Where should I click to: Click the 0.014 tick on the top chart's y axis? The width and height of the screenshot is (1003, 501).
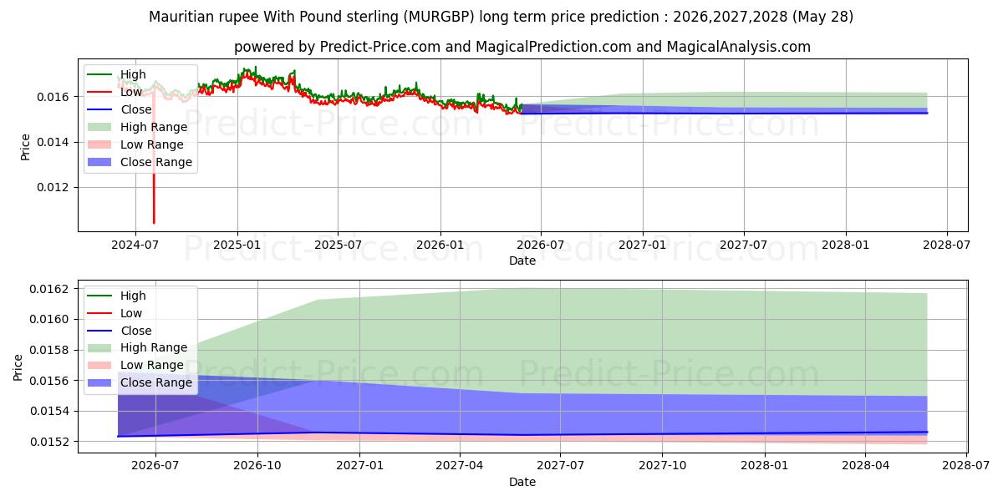[x=53, y=142]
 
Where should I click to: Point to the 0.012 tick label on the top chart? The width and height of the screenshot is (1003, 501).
[x=53, y=187]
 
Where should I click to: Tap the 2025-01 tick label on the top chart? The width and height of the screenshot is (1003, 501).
[x=237, y=245]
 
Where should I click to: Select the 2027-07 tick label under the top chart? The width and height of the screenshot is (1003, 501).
[x=744, y=245]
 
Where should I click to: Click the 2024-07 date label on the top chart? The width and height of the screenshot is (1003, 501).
[x=135, y=245]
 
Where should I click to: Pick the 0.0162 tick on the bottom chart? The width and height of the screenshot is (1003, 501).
[x=49, y=289]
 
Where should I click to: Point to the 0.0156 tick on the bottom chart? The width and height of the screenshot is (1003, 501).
[x=49, y=381]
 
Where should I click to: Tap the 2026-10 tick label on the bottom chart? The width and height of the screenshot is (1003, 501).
[x=257, y=466]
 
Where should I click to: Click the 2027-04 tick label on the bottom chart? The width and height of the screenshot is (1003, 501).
[x=460, y=466]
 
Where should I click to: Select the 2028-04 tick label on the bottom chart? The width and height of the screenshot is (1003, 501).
[x=866, y=466]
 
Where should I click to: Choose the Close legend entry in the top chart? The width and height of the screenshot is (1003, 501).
[x=120, y=109]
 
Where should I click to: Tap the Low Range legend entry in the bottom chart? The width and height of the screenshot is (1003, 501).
[x=135, y=365]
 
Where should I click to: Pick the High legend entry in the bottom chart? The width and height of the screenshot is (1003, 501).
[x=117, y=296]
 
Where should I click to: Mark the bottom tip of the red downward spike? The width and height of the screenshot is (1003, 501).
[x=154, y=223]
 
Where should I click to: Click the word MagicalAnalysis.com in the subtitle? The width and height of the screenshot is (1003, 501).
[x=738, y=47]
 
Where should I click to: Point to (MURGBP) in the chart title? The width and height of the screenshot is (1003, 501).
[x=438, y=17]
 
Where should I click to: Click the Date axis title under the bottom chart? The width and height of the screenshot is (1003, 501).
[x=522, y=482]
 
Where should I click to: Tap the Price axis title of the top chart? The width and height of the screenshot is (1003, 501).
[x=25, y=147]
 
